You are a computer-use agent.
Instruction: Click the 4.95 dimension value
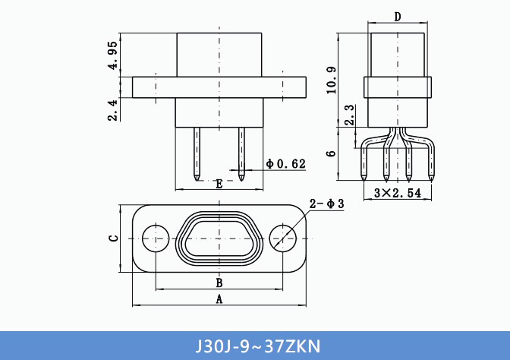112,55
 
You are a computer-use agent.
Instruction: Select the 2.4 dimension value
112,110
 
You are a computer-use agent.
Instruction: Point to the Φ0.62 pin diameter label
286,164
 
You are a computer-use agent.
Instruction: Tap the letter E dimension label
219,184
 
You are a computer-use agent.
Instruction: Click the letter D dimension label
398,17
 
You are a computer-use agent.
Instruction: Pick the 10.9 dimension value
331,81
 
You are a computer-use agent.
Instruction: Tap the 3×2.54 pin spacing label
398,193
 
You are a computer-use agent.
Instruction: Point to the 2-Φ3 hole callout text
327,204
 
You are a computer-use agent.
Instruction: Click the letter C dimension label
113,238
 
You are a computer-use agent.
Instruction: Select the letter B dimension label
219,283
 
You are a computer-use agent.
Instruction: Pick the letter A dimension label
219,300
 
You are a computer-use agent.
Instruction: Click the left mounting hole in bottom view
156,238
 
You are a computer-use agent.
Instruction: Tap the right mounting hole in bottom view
283,238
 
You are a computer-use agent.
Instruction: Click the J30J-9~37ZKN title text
255,346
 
